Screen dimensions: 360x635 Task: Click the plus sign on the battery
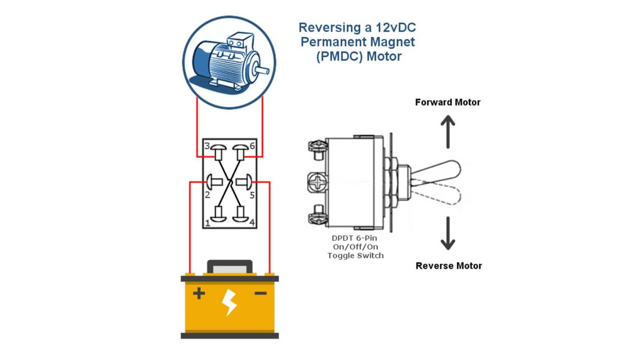[199, 293]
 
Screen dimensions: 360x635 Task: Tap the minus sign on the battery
[261, 293]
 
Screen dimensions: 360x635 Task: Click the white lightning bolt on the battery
[229, 302]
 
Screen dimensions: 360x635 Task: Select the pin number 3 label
[207, 146]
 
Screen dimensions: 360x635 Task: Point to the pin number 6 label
[252, 146]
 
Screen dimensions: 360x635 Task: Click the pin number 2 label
[207, 195]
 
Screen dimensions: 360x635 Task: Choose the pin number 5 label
[252, 195]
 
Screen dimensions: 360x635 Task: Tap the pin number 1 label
[207, 223]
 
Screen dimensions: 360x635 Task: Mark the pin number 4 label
[252, 223]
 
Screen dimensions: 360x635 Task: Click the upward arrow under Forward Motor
[448, 132]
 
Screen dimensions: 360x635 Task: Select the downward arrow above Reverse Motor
[448, 234]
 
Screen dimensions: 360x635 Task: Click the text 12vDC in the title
[395, 28]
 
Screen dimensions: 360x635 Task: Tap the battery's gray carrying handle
[229, 267]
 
